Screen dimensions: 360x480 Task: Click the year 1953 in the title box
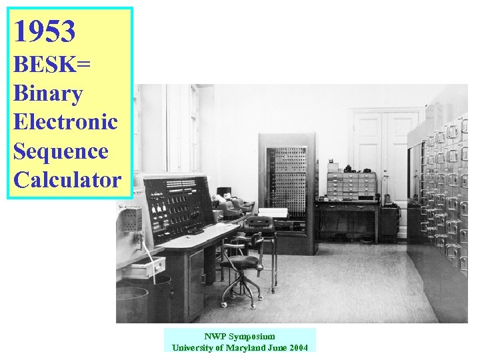tap(44, 31)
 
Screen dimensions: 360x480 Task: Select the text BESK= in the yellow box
tap(52, 65)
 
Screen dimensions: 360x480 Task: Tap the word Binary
tap(47, 93)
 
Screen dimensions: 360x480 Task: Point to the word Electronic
tap(65, 122)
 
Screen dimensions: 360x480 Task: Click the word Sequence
tap(60, 151)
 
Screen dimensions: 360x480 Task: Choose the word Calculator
tap(67, 180)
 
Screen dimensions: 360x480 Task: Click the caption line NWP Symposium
tap(239, 337)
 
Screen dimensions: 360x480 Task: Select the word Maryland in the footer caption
tap(246, 347)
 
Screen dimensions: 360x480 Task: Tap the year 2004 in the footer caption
tap(298, 347)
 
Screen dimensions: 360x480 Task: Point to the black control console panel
tap(176, 207)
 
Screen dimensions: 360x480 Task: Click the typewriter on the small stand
tap(259, 225)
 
